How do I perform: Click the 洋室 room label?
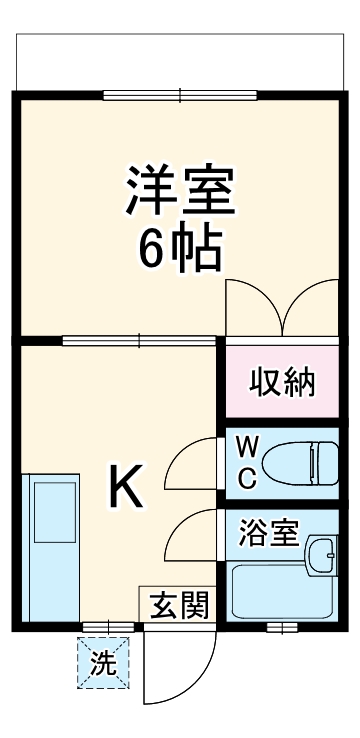pyautogui.click(x=180, y=191)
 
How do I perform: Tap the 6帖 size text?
pyautogui.click(x=180, y=251)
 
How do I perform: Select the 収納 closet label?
pyautogui.click(x=282, y=382)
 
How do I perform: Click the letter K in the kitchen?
pyautogui.click(x=128, y=487)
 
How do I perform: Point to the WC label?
pyautogui.click(x=247, y=461)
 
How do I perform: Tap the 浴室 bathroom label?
pyautogui.click(x=269, y=533)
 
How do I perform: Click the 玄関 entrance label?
pyautogui.click(x=180, y=605)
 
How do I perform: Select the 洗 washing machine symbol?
pyautogui.click(x=104, y=662)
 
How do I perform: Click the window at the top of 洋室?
pyautogui.click(x=181, y=97)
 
